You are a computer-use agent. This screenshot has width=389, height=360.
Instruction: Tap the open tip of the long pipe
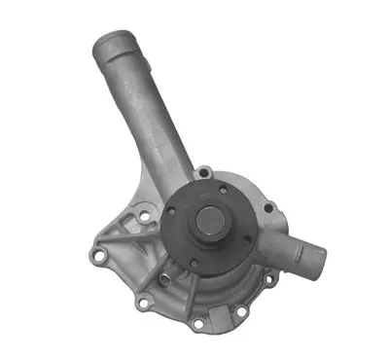coord(106,44)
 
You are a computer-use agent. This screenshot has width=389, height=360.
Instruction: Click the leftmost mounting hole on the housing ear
coord(97,256)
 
